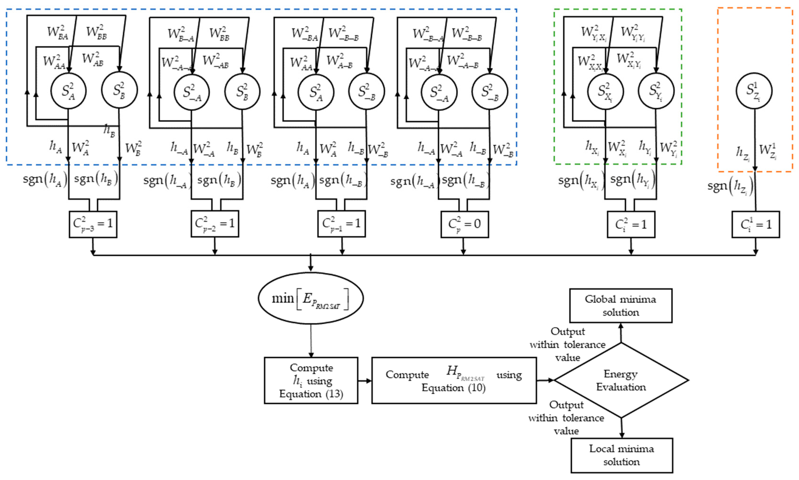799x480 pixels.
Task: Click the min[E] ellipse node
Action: point(310,298)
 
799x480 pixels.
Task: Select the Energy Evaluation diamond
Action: point(621,380)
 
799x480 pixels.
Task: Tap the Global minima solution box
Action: point(620,306)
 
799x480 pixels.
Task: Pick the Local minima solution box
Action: point(621,455)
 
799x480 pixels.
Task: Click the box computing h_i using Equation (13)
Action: point(311,380)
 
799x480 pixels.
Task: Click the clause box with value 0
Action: point(464,224)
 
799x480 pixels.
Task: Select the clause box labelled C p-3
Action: point(93,224)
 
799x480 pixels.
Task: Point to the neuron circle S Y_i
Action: point(656,91)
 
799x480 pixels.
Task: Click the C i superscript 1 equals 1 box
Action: point(755,224)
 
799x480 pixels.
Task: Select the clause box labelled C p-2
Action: point(215,224)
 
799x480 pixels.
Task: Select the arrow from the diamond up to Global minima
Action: point(620,333)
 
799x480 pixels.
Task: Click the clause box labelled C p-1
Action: point(341,224)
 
